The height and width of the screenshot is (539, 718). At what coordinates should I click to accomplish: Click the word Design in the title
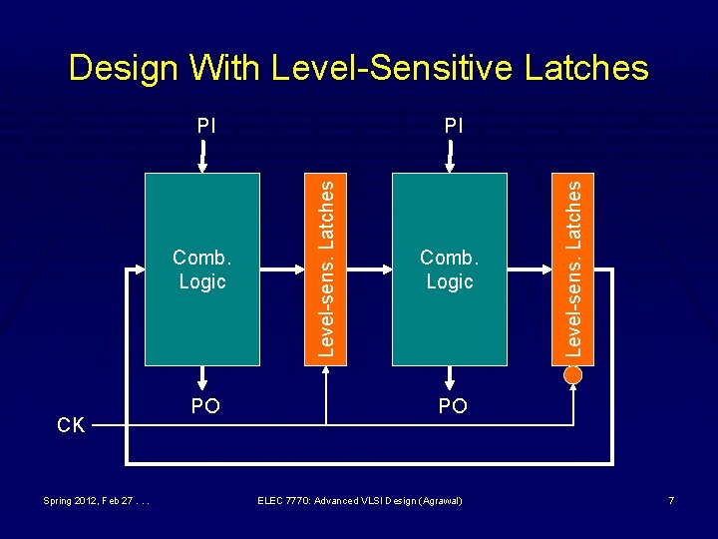pyautogui.click(x=122, y=68)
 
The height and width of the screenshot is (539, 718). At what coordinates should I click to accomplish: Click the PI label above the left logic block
pyautogui.click(x=205, y=126)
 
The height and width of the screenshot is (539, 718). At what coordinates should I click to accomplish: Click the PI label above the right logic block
pyautogui.click(x=454, y=126)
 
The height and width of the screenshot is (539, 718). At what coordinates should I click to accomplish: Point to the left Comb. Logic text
pyautogui.click(x=202, y=270)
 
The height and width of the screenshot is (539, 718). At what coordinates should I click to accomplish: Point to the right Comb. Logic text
pyautogui.click(x=450, y=270)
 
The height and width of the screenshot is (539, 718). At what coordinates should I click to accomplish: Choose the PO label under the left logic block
pyautogui.click(x=205, y=406)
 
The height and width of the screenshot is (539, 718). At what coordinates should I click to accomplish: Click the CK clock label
pyautogui.click(x=71, y=425)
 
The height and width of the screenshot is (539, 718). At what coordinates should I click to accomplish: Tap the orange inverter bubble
pyautogui.click(x=572, y=375)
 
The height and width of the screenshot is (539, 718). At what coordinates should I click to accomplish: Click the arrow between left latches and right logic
pyautogui.click(x=368, y=269)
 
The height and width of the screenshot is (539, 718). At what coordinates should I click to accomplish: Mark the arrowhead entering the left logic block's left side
pyautogui.click(x=139, y=269)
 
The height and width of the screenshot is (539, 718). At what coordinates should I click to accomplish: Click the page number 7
pyautogui.click(x=671, y=499)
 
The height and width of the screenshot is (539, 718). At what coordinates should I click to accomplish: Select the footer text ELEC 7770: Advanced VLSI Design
pyautogui.click(x=359, y=499)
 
